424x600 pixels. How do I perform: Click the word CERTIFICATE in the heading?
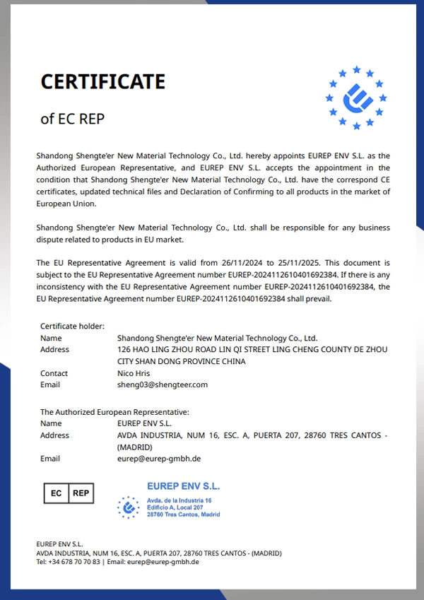102,82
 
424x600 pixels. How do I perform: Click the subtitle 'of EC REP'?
72,119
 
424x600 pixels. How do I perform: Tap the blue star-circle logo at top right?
355,98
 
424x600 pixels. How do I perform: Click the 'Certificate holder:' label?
72,326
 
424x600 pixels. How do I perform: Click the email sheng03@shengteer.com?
162,385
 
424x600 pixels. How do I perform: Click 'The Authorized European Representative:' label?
114,411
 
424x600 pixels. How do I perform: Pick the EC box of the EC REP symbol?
56,493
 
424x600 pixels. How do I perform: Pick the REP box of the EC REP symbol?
81,493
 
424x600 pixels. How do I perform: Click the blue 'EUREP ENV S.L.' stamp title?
183,486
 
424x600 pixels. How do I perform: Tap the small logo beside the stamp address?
128,507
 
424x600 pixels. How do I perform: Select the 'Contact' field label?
54,373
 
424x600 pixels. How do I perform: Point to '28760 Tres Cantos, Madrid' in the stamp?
183,514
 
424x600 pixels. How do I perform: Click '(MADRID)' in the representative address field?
135,447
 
